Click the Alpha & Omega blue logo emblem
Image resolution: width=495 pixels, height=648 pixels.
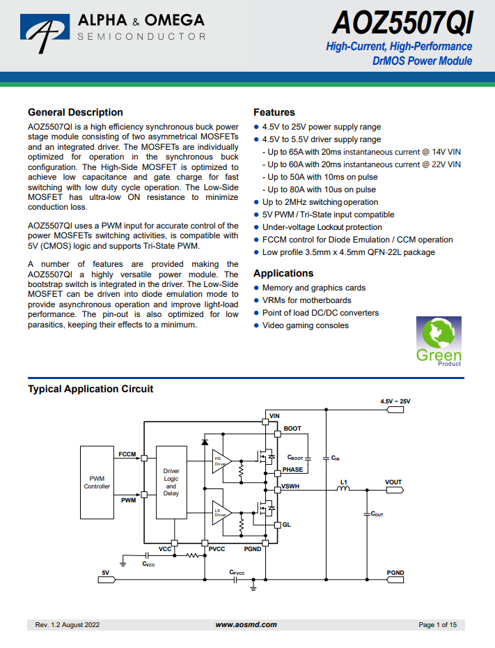coord(45,32)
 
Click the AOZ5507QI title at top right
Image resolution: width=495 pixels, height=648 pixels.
coord(402,22)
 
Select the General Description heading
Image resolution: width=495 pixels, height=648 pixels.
coord(76,112)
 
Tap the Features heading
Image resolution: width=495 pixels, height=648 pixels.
coord(274,112)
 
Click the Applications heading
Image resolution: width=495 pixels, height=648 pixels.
coord(283,273)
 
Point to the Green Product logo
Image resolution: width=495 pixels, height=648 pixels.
coord(439,341)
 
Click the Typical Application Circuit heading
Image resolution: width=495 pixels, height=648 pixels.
coord(91,389)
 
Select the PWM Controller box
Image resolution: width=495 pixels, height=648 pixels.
coord(97,482)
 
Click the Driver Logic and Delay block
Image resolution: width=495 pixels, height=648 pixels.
coord(171,482)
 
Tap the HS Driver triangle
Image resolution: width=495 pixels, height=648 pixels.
coord(221,461)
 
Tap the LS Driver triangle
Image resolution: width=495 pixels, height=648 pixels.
coord(221,513)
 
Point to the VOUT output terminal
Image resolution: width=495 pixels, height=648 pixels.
coord(395,490)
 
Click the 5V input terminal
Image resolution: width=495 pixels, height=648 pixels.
coord(107,580)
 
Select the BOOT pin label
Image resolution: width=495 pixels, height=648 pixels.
coord(292,429)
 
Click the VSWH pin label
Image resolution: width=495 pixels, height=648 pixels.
coord(290,486)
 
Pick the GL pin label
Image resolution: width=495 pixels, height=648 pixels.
coord(287,525)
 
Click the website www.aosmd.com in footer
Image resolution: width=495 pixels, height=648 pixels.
coord(246,625)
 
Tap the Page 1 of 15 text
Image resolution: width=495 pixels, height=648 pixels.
coord(438,625)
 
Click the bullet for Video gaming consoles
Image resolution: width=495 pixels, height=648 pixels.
coord(256,325)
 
